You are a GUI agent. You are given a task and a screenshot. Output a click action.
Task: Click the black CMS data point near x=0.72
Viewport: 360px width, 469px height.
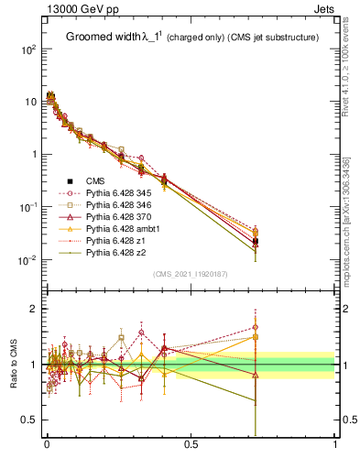click(x=256, y=241)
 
